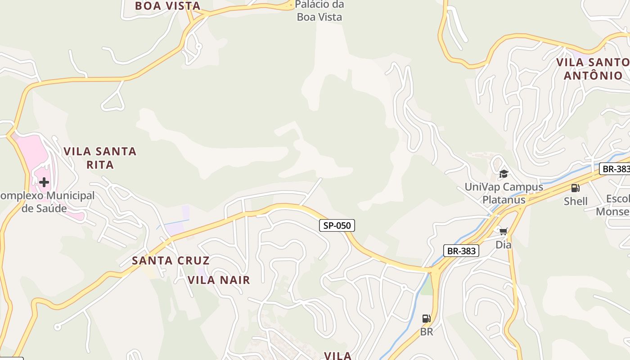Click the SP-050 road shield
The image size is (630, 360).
[x=337, y=225]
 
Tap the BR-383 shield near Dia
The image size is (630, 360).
[x=461, y=251]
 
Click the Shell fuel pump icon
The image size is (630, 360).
[x=575, y=188]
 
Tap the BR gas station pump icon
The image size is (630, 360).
[x=426, y=319]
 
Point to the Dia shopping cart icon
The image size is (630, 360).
[x=503, y=231]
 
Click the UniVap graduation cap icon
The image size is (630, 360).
[x=504, y=174]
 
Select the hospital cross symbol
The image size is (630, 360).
[x=44, y=182]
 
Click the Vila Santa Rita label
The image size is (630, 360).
[x=100, y=158]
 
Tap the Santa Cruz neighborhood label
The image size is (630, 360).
[x=171, y=261]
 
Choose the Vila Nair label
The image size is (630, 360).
[x=219, y=280]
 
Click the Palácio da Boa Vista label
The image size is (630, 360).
[x=319, y=11]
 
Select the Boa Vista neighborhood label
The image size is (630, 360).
[x=167, y=6]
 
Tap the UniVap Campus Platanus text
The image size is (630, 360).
[x=504, y=193]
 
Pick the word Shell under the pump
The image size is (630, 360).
[x=576, y=201]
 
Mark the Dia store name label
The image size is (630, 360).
[x=503, y=245]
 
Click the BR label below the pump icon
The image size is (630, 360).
[x=426, y=332]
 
